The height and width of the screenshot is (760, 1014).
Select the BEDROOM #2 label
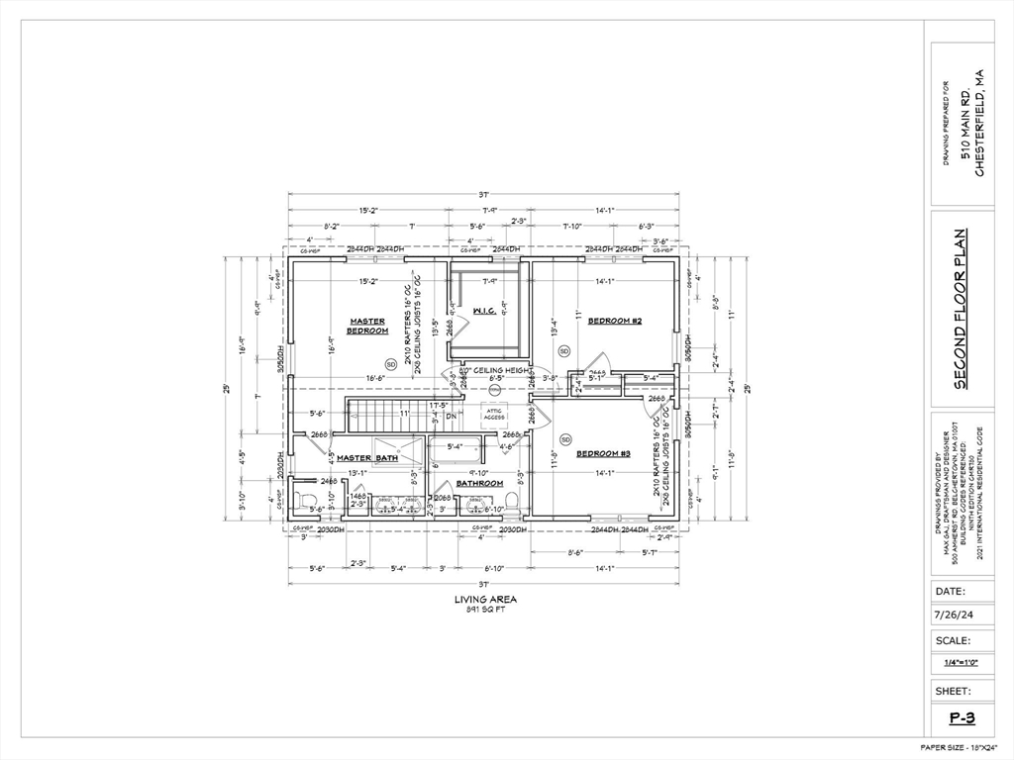(x=615, y=321)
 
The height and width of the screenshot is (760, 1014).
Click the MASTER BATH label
(x=366, y=458)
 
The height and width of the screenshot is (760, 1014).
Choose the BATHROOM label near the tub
(x=479, y=483)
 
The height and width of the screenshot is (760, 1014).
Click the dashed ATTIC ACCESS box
(x=494, y=414)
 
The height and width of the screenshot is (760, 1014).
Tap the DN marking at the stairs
(x=450, y=417)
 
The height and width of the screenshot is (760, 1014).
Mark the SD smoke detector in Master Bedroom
(x=390, y=363)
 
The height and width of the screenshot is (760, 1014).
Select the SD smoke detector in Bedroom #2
(x=564, y=351)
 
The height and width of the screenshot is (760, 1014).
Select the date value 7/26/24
(x=951, y=616)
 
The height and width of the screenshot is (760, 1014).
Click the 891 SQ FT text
(x=485, y=610)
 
